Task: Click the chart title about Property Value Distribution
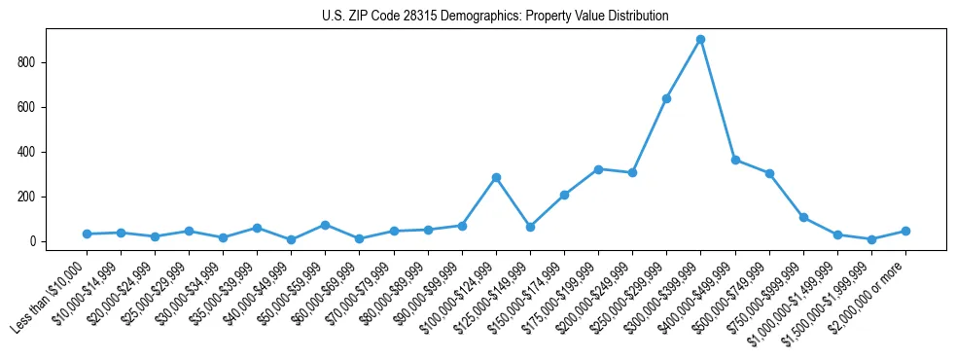click(x=495, y=17)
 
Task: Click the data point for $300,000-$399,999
click(x=700, y=40)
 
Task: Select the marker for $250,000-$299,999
click(x=666, y=98)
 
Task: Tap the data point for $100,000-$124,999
click(x=496, y=178)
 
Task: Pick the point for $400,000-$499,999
click(x=735, y=160)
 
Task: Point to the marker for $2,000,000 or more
click(x=905, y=232)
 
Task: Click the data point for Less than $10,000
click(x=87, y=234)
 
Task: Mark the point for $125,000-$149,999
click(x=530, y=227)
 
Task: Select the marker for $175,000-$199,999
click(x=598, y=169)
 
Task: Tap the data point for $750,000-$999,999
click(x=803, y=217)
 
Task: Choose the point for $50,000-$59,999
click(x=325, y=225)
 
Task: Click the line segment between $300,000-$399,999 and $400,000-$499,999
click(x=718, y=99)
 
